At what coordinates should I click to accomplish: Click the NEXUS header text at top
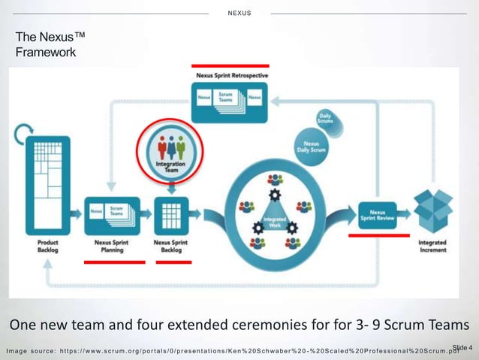(239, 13)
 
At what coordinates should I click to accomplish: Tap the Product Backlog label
(47, 247)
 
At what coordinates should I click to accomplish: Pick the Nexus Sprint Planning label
(113, 247)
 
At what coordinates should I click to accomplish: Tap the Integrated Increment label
(432, 247)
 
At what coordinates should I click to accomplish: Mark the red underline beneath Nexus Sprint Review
(379, 235)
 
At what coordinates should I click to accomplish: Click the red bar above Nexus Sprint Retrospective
(230, 65)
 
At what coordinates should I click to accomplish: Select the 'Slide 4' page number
(462, 346)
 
